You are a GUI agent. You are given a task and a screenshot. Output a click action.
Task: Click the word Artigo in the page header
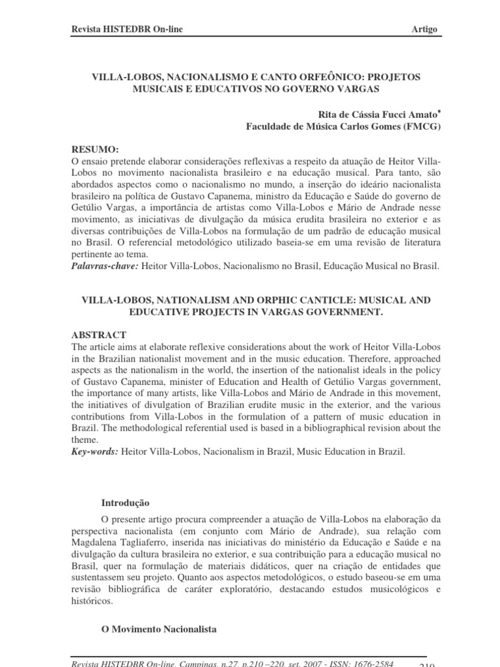coord(425,31)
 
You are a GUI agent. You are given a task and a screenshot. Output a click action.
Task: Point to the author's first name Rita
coord(327,114)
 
